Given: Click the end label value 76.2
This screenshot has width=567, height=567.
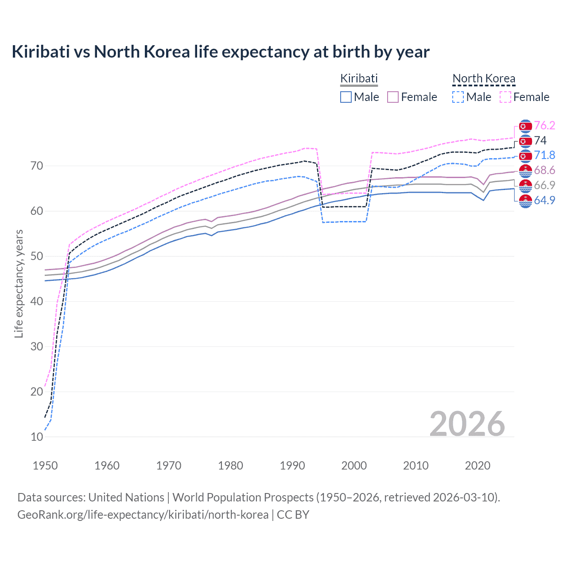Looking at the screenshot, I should point(544,125).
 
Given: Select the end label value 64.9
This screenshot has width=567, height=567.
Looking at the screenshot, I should point(544,200).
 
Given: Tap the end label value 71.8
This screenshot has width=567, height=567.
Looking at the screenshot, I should point(544,155).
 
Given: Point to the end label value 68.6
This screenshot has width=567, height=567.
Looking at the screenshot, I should point(544,170).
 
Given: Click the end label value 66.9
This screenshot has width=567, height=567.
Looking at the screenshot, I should point(544,185).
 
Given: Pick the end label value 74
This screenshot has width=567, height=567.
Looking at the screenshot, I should point(540,140).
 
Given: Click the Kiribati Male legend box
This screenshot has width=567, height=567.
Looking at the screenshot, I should point(346,97).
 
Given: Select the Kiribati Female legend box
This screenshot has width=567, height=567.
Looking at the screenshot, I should point(393,97).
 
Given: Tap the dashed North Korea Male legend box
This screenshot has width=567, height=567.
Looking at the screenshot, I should point(458,97).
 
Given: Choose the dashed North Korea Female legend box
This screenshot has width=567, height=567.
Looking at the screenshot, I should point(505,97).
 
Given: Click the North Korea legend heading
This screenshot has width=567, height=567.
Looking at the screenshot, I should point(484,79).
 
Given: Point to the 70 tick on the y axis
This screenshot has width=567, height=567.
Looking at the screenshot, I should point(37,166).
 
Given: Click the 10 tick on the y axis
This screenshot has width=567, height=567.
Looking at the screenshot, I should point(37,437).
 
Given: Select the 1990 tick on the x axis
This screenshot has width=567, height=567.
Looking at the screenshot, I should point(292,466).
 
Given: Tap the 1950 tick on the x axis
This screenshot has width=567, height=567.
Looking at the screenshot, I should point(45,466).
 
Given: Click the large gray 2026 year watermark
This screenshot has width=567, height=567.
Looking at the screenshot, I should point(467,424).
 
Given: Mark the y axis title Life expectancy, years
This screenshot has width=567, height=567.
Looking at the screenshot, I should point(19,283).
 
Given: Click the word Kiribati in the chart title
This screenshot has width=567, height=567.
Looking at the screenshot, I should point(41,52).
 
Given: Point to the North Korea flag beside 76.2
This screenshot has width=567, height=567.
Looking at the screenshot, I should point(525,126).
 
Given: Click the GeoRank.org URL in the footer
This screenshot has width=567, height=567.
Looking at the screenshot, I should point(143,515).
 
